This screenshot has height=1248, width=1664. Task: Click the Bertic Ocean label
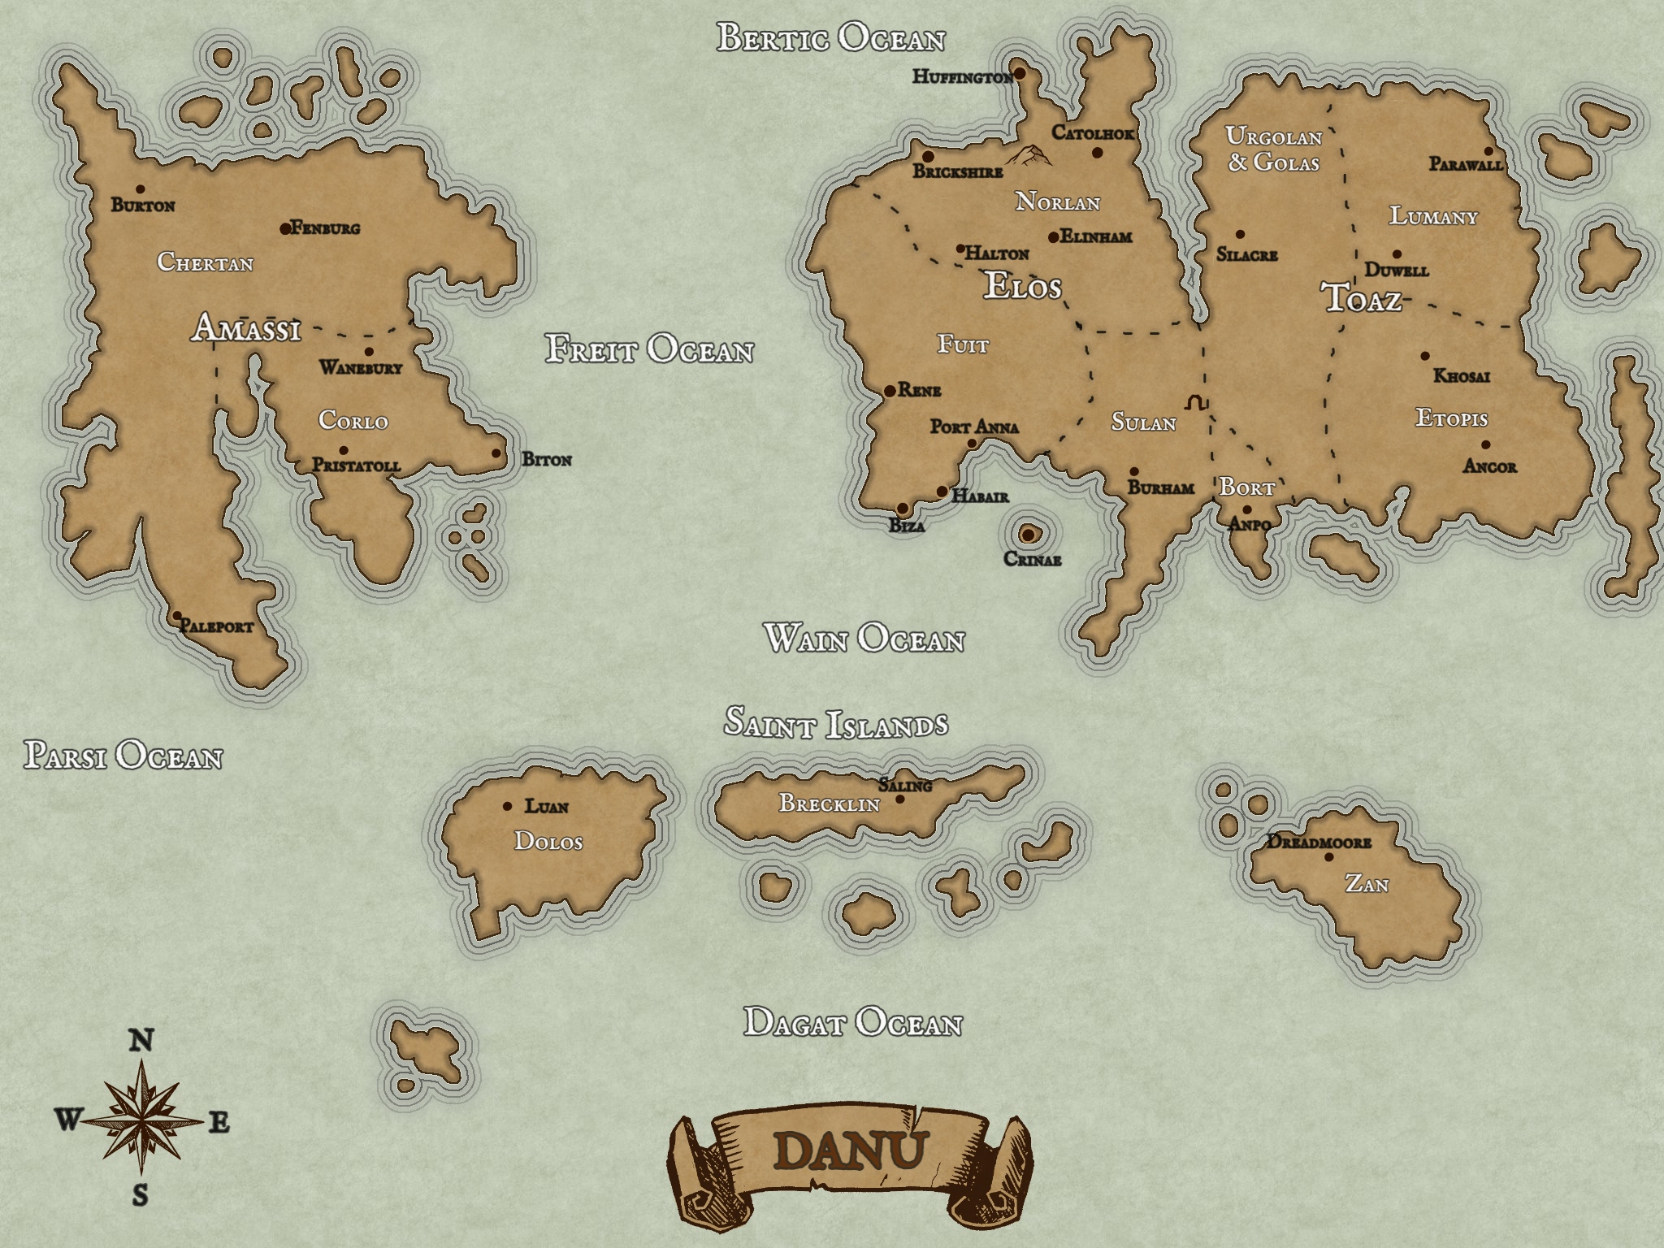tap(830, 38)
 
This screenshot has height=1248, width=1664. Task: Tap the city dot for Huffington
tap(1020, 74)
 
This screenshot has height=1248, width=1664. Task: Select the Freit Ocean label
tap(649, 349)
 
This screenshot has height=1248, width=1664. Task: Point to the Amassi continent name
tap(246, 329)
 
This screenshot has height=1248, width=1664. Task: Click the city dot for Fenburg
tap(285, 229)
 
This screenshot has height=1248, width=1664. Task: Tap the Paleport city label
tap(217, 626)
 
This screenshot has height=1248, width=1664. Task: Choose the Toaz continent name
tap(1363, 299)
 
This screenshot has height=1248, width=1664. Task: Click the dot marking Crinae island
tap(1028, 535)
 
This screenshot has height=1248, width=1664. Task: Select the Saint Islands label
tap(836, 723)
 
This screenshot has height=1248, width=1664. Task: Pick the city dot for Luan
tap(508, 807)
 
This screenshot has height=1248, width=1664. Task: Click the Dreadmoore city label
tap(1319, 843)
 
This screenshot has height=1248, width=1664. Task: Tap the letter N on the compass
tap(141, 1041)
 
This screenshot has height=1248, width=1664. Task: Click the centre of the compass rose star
tap(142, 1122)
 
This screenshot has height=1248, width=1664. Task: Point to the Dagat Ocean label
tap(852, 1023)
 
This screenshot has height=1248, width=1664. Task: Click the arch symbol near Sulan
tap(1196, 402)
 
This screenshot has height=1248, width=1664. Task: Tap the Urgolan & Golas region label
tap(1273, 149)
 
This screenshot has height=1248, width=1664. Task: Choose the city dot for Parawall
tap(1488, 151)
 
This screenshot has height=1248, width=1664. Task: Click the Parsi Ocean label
tap(123, 756)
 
